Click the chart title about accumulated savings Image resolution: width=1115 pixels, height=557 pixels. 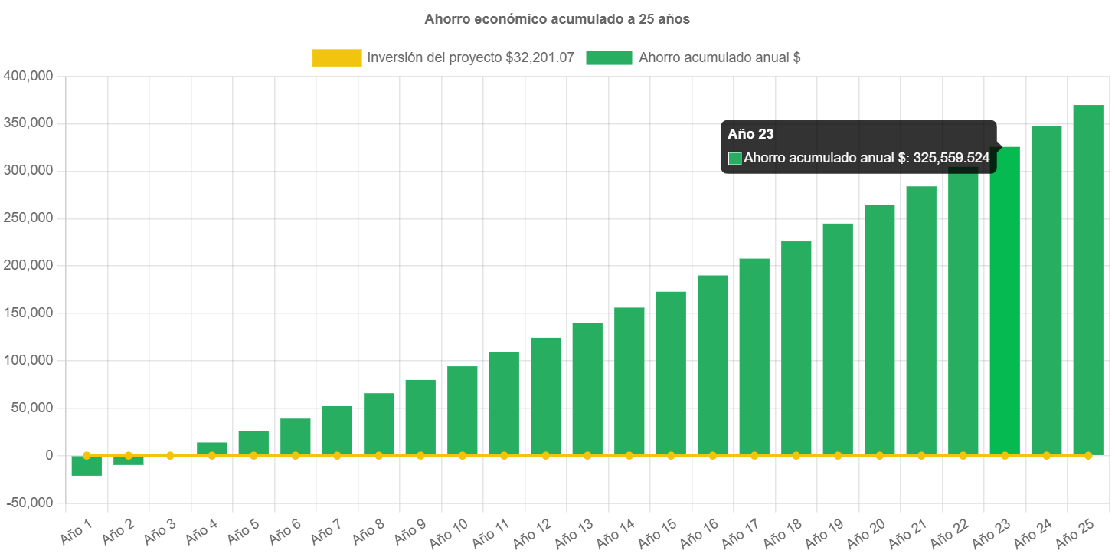click(x=557, y=19)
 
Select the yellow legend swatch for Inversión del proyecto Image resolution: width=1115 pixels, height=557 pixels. click(x=337, y=57)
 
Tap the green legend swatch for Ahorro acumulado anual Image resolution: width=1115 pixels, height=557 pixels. click(x=609, y=57)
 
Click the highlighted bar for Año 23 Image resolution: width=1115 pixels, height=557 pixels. click(x=1005, y=306)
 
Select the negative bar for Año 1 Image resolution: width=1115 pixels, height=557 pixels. click(x=87, y=466)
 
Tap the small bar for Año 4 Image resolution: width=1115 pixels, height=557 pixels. click(x=212, y=447)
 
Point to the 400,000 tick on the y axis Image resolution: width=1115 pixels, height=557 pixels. click(x=28, y=76)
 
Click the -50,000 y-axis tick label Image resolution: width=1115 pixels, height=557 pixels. click(x=28, y=503)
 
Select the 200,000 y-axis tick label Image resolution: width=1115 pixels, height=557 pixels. click(x=28, y=265)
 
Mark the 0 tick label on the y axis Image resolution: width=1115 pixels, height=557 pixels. click(x=48, y=455)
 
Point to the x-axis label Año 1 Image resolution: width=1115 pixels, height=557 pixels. click(x=76, y=529)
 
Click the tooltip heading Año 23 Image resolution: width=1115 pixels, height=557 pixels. click(x=750, y=134)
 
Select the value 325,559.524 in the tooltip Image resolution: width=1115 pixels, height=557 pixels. click(x=951, y=159)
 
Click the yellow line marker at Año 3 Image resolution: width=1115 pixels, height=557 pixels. click(x=170, y=455)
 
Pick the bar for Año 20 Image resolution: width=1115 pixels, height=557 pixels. click(x=879, y=329)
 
